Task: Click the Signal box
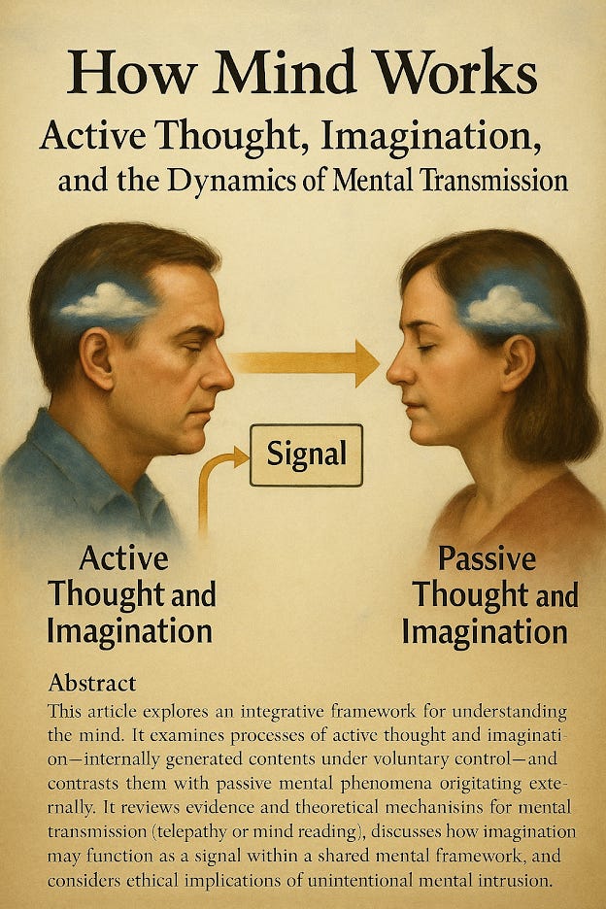(306, 454)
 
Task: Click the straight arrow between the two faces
(305, 363)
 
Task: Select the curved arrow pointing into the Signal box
(215, 486)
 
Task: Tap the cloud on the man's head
(106, 301)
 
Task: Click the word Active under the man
(123, 558)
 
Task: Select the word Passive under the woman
(487, 559)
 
